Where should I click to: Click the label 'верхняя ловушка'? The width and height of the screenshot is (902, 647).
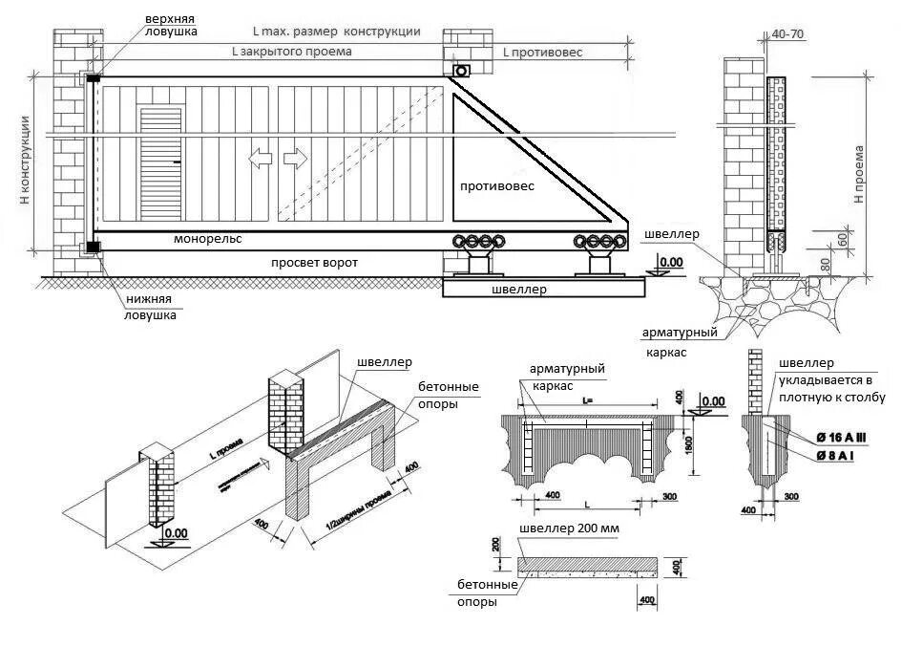coord(171,25)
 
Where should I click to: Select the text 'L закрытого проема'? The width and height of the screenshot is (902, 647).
coord(292,52)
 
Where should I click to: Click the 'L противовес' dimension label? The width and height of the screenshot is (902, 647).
coord(543,53)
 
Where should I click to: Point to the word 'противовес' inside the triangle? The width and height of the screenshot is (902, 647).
coord(497,186)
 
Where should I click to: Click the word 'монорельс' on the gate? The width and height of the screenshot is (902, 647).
coord(208,238)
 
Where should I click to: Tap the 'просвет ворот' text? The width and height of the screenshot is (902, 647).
coord(307,262)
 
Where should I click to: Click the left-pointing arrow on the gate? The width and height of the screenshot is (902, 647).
coord(260,159)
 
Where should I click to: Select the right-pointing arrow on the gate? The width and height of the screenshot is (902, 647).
coord(296,159)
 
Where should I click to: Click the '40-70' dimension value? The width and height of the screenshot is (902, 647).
coord(786,33)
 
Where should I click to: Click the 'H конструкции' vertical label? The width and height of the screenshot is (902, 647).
coord(26,160)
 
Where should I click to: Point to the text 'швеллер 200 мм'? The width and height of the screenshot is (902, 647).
coord(563,529)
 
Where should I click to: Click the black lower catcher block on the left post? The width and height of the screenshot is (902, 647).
coord(93,248)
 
